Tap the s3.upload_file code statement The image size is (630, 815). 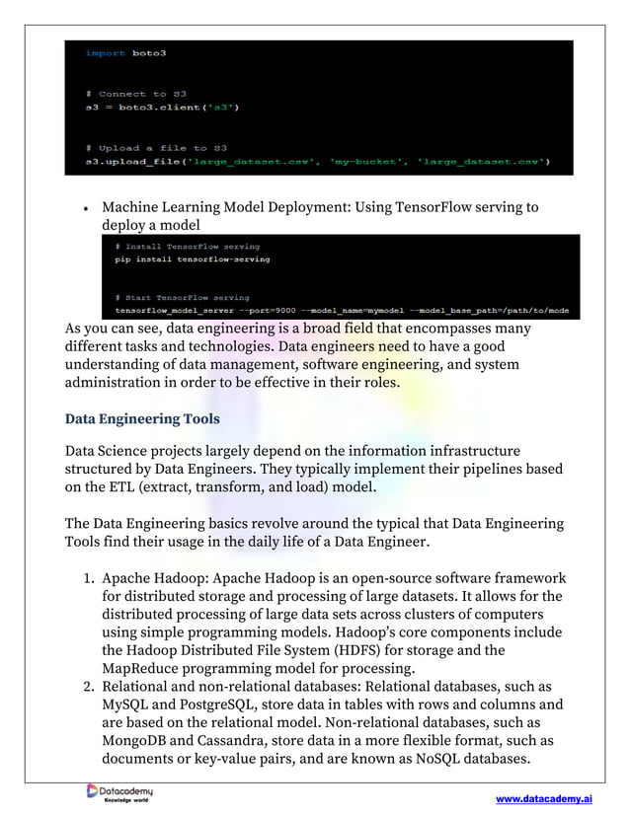point(317,160)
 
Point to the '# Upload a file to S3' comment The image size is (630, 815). point(156,147)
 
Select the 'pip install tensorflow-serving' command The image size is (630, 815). point(192,259)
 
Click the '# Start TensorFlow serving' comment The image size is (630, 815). point(182,297)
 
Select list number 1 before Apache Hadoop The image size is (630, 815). point(88,577)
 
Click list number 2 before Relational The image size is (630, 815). point(88,686)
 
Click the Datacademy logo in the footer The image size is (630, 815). point(119,793)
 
